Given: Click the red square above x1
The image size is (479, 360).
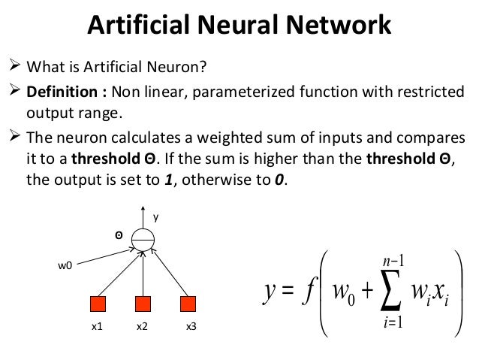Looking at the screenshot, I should (x=98, y=304).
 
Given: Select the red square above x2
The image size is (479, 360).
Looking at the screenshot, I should (x=143, y=304).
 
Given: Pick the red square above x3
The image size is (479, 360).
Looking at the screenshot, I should (x=188, y=304).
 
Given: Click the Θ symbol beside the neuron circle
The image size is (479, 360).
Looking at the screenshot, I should (x=118, y=234).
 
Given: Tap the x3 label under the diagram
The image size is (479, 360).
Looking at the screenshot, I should (x=191, y=328).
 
